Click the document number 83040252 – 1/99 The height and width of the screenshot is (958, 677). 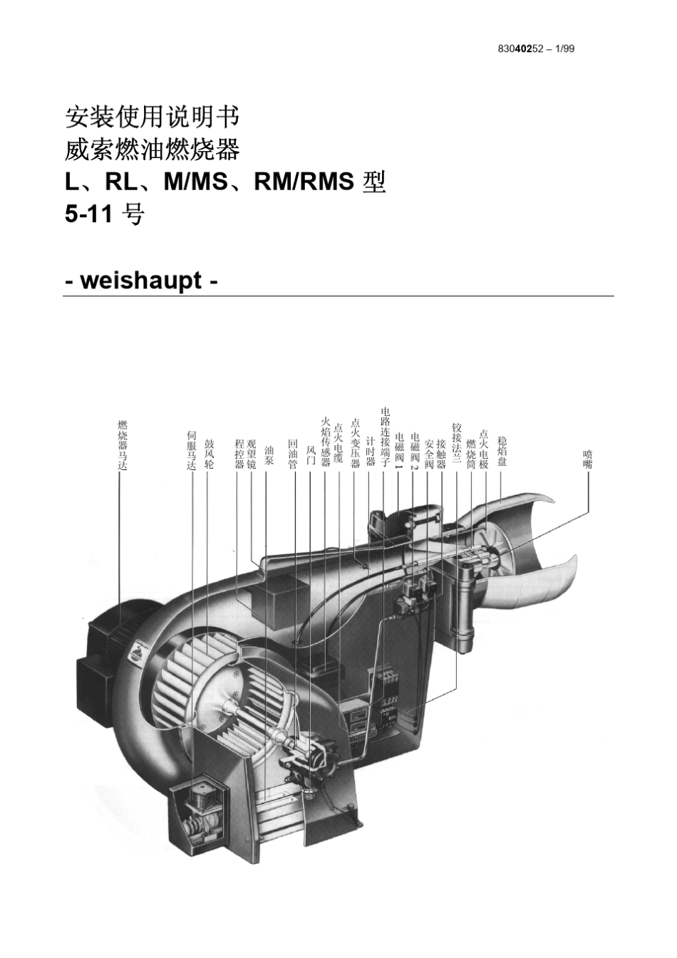coord(536,48)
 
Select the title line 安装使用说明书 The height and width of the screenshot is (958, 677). coord(152,117)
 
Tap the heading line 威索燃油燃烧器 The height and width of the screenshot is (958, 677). coord(152,150)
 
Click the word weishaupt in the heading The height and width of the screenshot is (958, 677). coord(141,281)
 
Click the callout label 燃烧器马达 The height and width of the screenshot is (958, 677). coord(123,445)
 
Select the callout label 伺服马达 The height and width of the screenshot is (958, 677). coord(191,450)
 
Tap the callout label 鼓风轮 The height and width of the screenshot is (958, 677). coord(208,453)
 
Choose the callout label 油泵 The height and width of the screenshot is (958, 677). coord(269,455)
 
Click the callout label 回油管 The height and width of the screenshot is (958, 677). coord(293,454)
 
